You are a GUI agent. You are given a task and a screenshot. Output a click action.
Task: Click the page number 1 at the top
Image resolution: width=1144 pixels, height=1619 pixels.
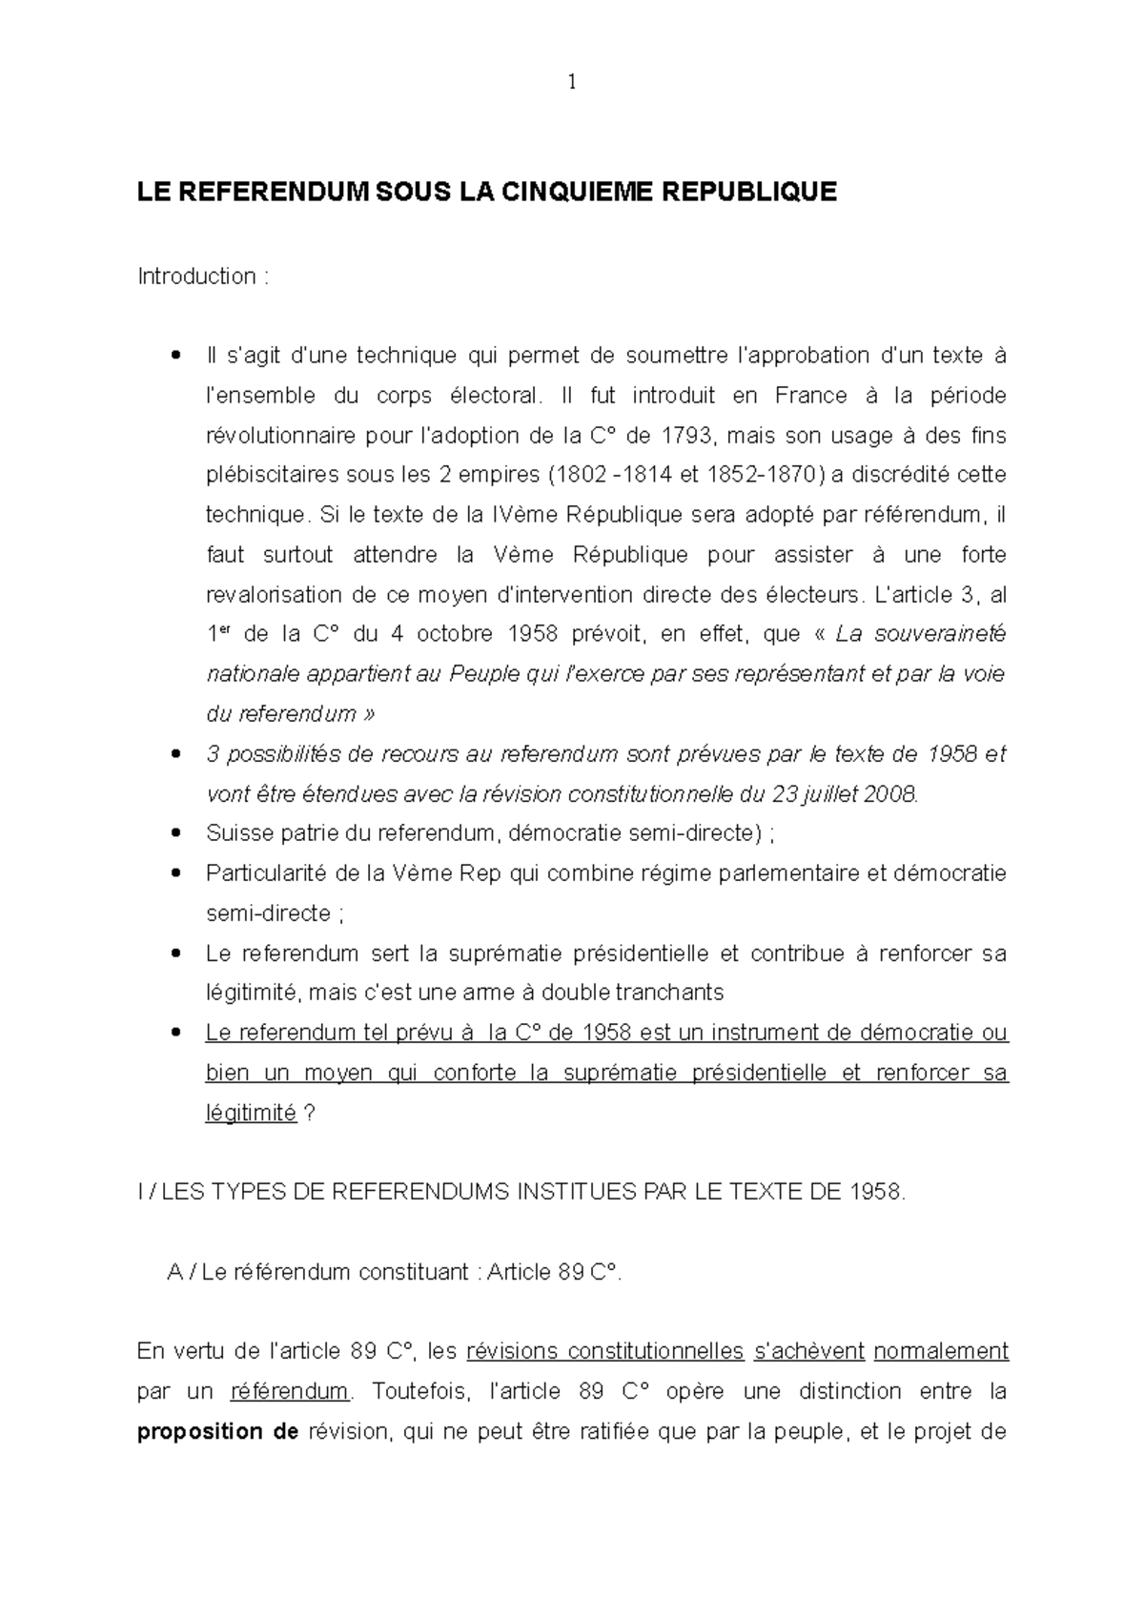pyautogui.click(x=572, y=83)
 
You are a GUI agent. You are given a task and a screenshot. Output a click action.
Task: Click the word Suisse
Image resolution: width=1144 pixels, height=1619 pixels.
pyautogui.click(x=233, y=833)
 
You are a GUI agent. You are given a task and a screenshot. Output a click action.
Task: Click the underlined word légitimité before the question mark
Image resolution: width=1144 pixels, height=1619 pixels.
pyautogui.click(x=251, y=1113)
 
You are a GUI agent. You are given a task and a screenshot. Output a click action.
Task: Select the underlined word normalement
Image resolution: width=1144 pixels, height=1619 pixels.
pyautogui.click(x=940, y=1351)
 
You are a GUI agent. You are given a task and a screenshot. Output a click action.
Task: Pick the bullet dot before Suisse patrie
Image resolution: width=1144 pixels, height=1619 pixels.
pyautogui.click(x=174, y=834)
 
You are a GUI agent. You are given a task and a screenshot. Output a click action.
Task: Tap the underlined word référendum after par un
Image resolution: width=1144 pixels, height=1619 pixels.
pyautogui.click(x=290, y=1391)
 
